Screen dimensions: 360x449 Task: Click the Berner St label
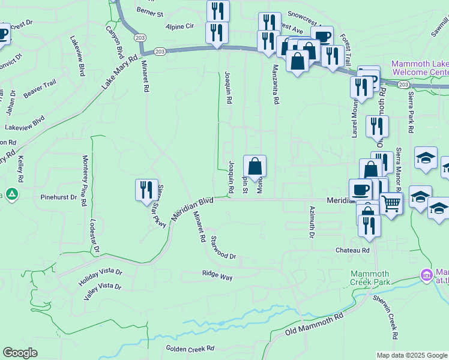point(149,13)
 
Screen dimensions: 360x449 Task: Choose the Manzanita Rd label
point(276,85)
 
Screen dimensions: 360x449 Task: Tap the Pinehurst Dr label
point(58,197)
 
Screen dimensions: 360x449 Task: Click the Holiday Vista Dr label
point(100,275)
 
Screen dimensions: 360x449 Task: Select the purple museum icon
point(426,275)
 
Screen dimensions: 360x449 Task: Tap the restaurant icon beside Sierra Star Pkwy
point(146,190)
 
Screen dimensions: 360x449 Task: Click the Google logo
point(20,352)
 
